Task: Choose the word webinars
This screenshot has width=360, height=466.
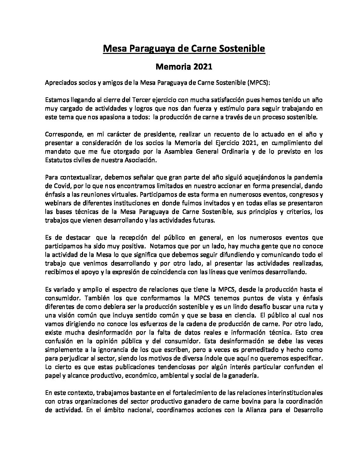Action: (x=58, y=204)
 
